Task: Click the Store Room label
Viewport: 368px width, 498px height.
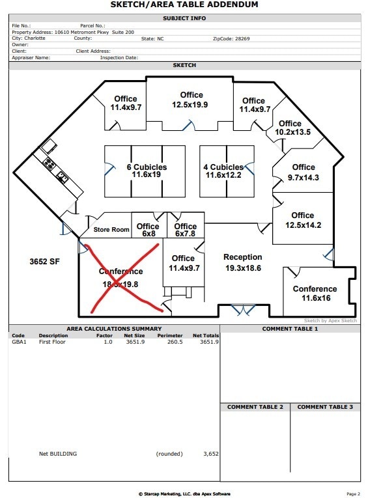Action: [x=111, y=230]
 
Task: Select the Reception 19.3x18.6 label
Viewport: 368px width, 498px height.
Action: [x=243, y=262]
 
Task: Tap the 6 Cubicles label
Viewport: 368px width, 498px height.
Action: [x=147, y=171]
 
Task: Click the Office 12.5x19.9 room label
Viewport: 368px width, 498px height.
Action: [x=191, y=100]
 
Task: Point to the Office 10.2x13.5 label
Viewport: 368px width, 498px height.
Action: [x=290, y=128]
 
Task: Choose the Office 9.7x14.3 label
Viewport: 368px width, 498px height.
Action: [x=304, y=173]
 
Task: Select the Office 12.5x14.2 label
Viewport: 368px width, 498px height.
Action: [x=303, y=220]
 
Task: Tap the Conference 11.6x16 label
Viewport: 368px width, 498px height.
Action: [x=315, y=294]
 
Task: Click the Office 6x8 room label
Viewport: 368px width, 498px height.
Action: [x=149, y=230]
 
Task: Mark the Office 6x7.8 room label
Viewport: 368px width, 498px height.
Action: [x=186, y=230]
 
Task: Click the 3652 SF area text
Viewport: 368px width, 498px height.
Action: [x=44, y=261]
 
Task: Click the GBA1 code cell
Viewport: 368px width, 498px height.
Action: [x=19, y=342]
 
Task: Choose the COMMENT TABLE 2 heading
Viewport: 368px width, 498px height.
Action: [x=255, y=407]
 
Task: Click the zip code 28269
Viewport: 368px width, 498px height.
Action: [x=240, y=38]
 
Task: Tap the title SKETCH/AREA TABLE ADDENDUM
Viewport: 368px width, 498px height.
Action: [x=184, y=5]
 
